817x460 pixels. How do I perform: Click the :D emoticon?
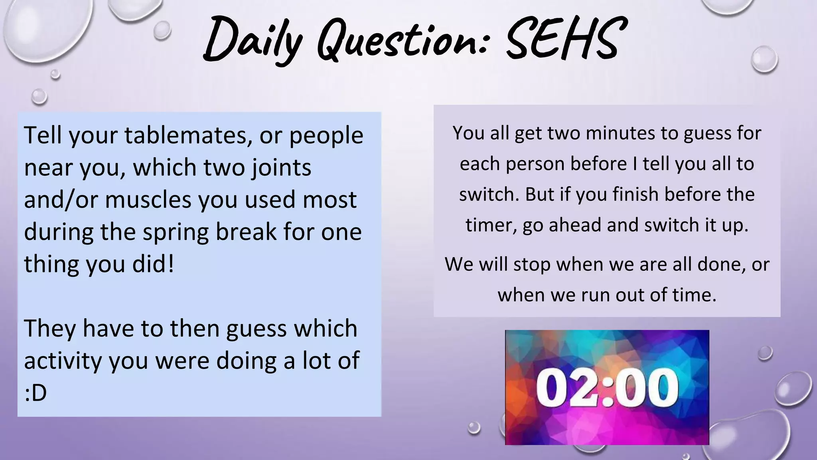tap(36, 393)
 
